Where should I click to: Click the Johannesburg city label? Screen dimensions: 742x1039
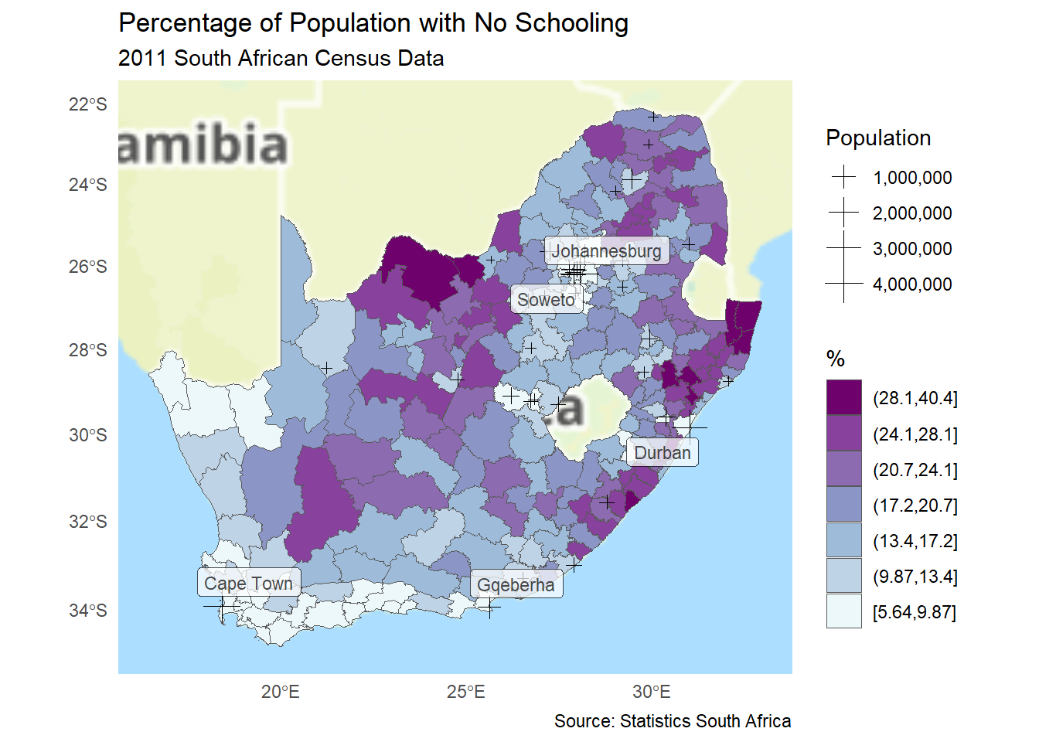pos(607,251)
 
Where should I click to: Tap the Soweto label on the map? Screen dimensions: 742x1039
pos(547,300)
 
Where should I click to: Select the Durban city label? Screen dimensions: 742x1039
pos(663,453)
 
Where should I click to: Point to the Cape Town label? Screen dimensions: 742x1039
pos(249,584)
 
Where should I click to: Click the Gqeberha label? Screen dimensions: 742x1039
pos(516,585)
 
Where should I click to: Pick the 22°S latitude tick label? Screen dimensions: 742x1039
pos(88,104)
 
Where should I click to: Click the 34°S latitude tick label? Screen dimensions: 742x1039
pos(88,611)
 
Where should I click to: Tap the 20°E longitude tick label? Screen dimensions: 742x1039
pos(280,692)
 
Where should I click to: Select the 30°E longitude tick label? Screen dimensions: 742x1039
pos(652,692)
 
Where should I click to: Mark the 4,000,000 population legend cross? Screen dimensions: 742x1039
pos(843,284)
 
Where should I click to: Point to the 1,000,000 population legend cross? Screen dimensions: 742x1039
pos(843,178)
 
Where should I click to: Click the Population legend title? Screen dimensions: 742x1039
pos(878,138)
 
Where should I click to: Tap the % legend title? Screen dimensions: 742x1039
pos(836,359)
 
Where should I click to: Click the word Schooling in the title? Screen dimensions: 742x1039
pos(571,23)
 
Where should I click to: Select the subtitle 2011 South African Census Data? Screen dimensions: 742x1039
pos(281,59)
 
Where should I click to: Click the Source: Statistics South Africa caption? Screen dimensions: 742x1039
pos(673,721)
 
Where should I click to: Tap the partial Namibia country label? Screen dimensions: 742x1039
pos(203,145)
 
